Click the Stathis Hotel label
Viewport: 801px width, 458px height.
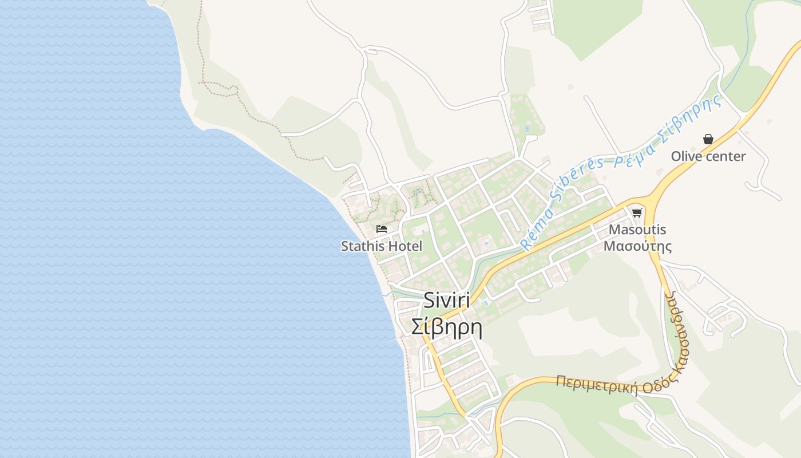pyautogui.click(x=382, y=246)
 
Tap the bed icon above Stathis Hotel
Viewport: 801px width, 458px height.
pyautogui.click(x=382, y=229)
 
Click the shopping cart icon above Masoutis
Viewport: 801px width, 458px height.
pyautogui.click(x=637, y=213)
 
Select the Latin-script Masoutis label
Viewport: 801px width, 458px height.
pyautogui.click(x=637, y=230)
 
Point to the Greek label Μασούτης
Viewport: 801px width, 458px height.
pyautogui.click(x=637, y=246)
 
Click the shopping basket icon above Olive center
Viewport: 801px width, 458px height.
pyautogui.click(x=708, y=139)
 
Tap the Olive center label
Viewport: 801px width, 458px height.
pyautogui.click(x=708, y=156)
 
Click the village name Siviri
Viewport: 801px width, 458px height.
pyautogui.click(x=446, y=301)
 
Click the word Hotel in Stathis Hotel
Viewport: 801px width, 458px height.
pyautogui.click(x=403, y=246)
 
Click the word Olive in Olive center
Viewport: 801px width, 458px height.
pyautogui.click(x=685, y=156)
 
